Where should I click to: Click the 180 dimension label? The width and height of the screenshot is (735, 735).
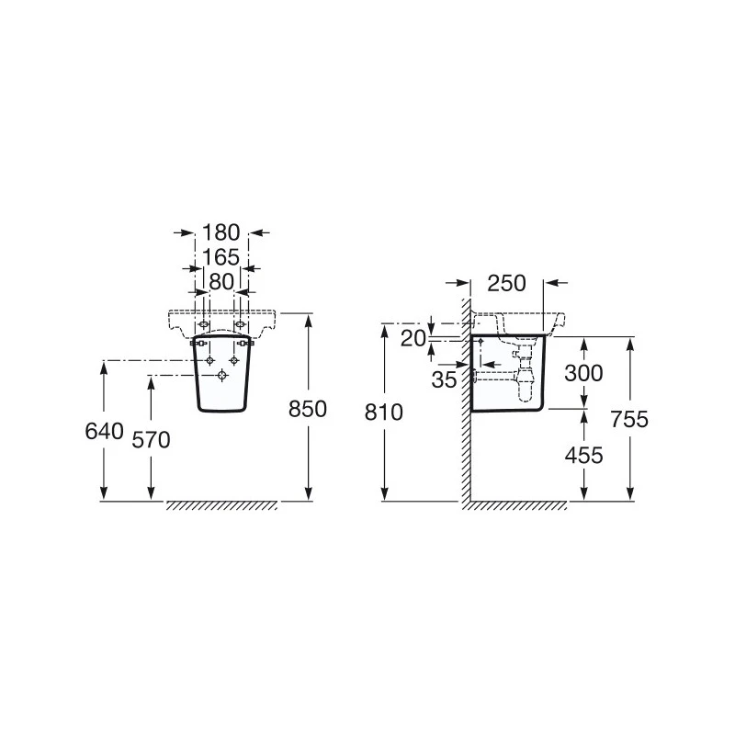[x=220, y=232]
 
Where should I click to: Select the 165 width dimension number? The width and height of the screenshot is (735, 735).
[x=220, y=257]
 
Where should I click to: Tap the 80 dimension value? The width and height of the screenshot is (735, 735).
[x=221, y=282]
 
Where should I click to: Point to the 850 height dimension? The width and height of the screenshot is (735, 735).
[x=308, y=409]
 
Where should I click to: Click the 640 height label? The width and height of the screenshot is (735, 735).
[x=104, y=431]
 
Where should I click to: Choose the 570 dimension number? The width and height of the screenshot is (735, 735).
[x=151, y=440]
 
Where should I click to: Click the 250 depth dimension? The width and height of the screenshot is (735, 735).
[x=507, y=283]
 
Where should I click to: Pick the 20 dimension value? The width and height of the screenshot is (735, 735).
[x=413, y=338]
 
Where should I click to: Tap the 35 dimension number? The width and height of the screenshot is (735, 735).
[x=444, y=379]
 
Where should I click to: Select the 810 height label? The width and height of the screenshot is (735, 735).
[x=384, y=413]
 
